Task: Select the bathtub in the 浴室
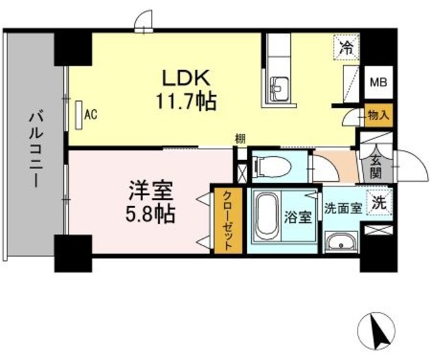click(x=267, y=217)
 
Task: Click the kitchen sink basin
click(x=279, y=87)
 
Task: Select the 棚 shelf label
click(x=240, y=139)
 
